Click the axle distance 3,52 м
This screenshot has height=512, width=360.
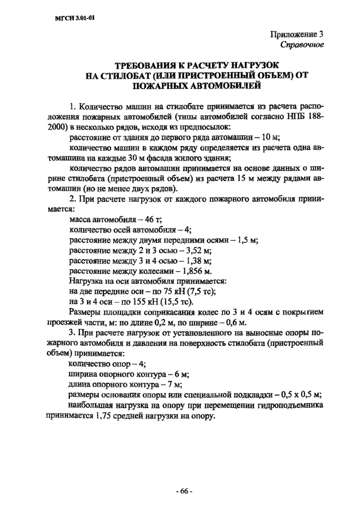(196, 250)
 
